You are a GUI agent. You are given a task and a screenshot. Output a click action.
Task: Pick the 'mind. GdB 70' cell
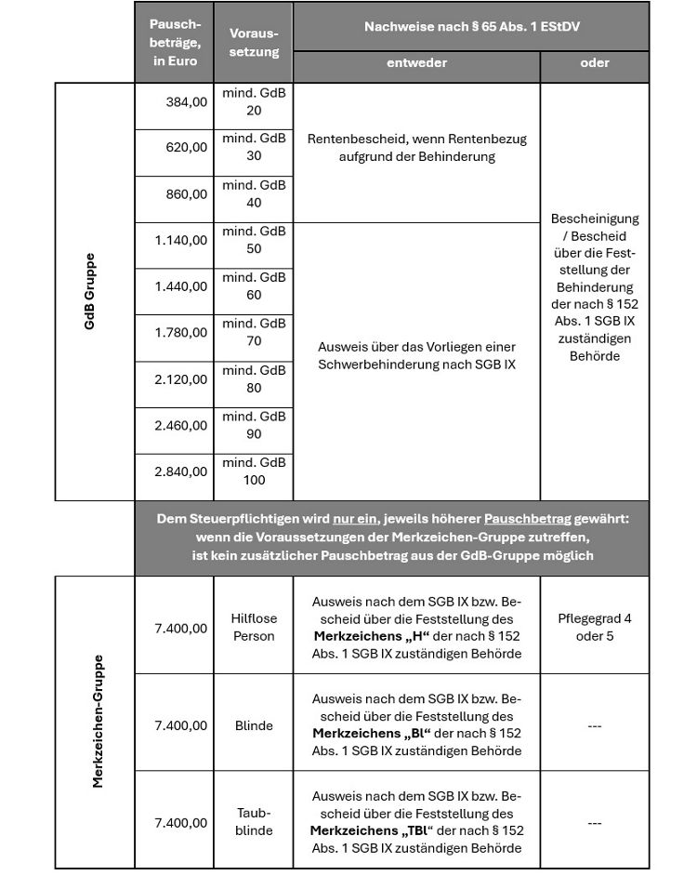click(254, 333)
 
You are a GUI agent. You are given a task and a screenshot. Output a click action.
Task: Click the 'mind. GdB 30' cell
click(254, 148)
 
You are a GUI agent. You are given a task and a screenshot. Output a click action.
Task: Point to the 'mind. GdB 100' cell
click(254, 471)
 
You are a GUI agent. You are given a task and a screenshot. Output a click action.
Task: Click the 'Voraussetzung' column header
click(254, 43)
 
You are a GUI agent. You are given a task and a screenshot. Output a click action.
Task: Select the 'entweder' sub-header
click(416, 63)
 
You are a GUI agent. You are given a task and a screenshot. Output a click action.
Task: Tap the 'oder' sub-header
click(595, 63)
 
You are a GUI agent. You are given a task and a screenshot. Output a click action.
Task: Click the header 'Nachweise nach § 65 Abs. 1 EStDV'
click(470, 27)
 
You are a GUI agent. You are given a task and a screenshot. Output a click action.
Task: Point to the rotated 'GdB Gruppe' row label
click(90, 291)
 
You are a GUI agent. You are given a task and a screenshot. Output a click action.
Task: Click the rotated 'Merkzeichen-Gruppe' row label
click(97, 721)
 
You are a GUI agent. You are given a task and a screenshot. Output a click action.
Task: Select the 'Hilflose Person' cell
click(254, 628)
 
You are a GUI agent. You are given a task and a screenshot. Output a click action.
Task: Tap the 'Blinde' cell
click(254, 725)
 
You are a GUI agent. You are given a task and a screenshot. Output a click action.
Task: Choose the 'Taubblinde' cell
click(254, 821)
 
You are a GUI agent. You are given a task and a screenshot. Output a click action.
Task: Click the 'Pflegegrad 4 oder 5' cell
click(595, 628)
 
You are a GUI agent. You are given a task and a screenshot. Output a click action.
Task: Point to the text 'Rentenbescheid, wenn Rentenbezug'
click(416, 139)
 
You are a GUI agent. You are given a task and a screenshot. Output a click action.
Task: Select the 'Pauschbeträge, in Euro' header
click(175, 43)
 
